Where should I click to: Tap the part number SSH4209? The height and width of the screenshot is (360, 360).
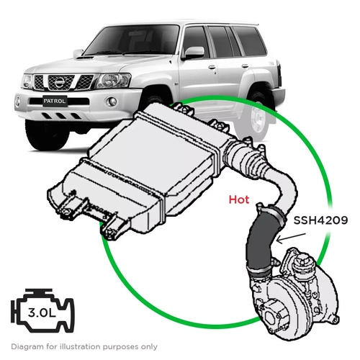click(320, 221)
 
